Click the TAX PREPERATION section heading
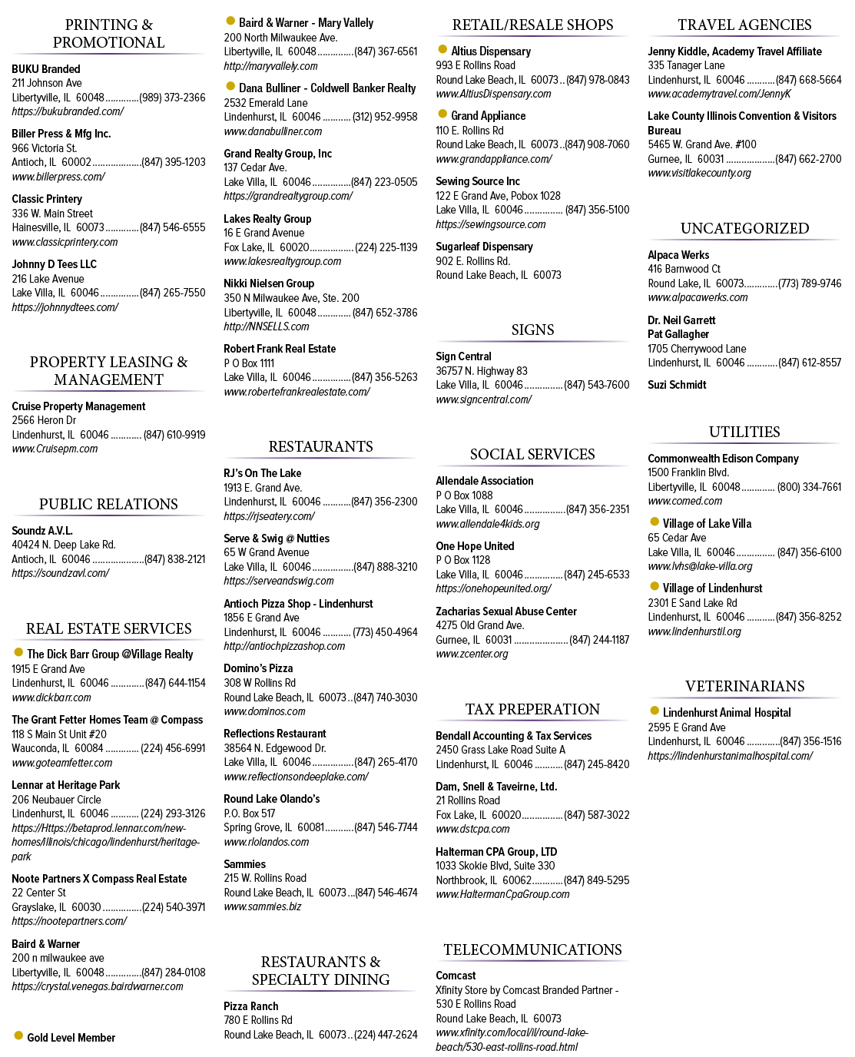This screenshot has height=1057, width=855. coord(532,709)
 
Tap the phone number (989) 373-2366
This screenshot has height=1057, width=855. coord(172,98)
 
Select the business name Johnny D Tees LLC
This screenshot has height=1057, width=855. coord(54,264)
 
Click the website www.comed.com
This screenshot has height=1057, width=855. coord(684,501)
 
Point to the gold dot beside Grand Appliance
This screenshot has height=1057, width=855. coord(442,114)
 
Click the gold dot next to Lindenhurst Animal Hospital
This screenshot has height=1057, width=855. coord(655,711)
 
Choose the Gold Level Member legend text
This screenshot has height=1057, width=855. coord(71,1037)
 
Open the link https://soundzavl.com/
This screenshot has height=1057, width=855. coord(61,572)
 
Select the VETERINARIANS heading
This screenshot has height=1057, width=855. coord(744,686)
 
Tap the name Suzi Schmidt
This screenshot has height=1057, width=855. coord(677,385)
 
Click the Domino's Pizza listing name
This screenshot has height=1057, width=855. coord(258,668)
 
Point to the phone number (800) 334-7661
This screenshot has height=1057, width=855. coord(809,487)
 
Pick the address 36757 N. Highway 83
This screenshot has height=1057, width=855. coord(482,371)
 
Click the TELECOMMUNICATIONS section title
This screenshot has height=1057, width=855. coord(532,949)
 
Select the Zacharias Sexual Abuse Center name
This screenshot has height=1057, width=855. coord(506,611)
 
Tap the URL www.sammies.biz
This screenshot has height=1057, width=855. coord(263,906)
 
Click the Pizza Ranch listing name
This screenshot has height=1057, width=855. coord(251,1006)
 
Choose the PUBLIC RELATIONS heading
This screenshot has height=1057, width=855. coord(108,504)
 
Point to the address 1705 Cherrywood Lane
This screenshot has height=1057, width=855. coord(697,348)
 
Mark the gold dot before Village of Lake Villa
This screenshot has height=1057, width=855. coord(655,522)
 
